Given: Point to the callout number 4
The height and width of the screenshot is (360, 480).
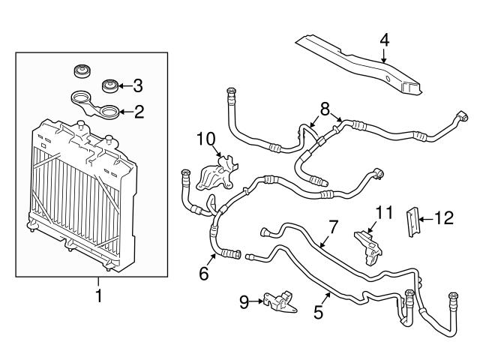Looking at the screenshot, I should tap(384, 38).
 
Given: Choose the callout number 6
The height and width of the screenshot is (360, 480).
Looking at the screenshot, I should tap(203, 274).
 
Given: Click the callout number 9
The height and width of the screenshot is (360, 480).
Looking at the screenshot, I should tap(243, 301).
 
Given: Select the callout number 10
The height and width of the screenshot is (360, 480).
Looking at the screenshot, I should tap(206, 139).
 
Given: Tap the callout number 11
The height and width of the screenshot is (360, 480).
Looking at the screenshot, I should tap(383, 214).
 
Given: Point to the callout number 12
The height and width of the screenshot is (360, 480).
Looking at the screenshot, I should tap(445, 218).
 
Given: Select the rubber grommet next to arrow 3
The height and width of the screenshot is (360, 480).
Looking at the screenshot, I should tap(111, 85).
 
